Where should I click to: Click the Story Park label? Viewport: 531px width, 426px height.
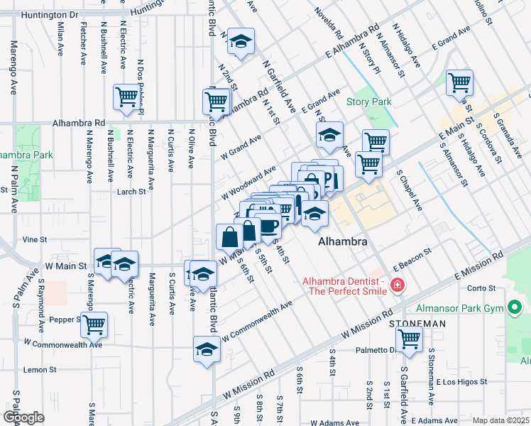[x=368, y=102]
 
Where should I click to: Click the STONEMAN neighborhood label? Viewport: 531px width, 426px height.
[x=417, y=323]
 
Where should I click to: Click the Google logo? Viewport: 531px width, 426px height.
[x=23, y=417]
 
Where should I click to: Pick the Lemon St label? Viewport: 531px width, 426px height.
[x=40, y=370]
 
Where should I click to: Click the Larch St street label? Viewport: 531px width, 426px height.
[x=132, y=191]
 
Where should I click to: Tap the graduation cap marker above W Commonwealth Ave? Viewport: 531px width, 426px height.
[x=207, y=349]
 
